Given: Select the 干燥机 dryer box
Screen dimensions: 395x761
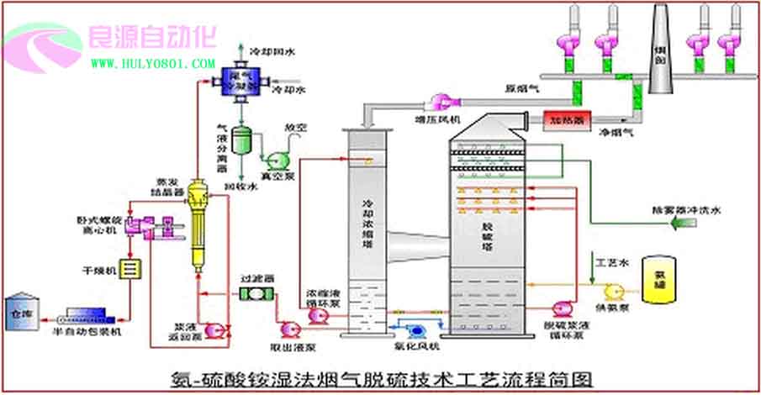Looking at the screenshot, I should [130, 269].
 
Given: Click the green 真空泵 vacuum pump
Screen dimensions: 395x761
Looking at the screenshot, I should [276, 160].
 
